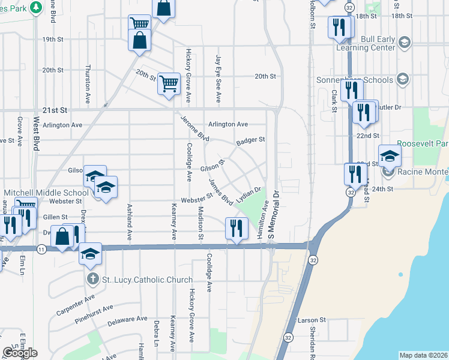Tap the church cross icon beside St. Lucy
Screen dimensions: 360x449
point(92,280)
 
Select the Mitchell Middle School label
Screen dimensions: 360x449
point(46,193)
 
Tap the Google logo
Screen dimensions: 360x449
point(20,352)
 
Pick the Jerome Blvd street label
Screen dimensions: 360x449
point(195,127)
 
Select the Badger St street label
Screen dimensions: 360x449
point(250,140)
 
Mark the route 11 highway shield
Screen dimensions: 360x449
point(41,248)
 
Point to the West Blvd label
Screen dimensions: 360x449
point(36,134)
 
